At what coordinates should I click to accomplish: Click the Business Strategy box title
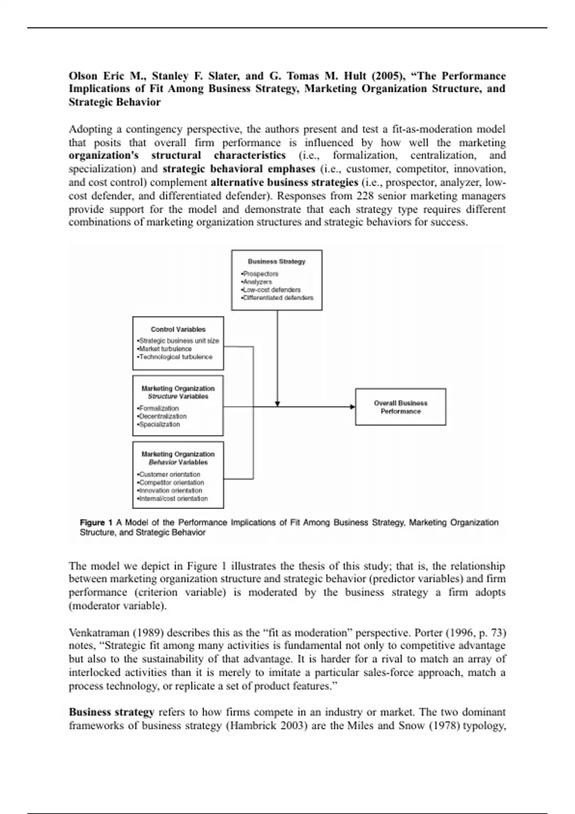click(276, 261)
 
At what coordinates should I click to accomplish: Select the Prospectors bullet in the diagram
click(260, 274)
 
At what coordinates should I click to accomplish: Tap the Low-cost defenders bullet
click(271, 290)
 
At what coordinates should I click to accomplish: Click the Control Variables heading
click(178, 329)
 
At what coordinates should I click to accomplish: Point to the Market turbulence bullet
click(165, 349)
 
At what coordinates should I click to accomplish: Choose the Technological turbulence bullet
click(175, 357)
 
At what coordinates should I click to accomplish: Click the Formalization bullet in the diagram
click(158, 408)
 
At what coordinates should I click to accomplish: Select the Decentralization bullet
click(162, 416)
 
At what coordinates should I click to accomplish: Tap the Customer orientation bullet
click(169, 475)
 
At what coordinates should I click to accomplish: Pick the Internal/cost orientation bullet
click(173, 498)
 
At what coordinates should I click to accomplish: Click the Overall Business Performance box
click(401, 407)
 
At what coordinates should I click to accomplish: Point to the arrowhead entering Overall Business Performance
click(353, 407)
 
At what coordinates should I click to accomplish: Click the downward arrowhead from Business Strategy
click(277, 404)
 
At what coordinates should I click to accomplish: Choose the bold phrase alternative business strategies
click(285, 182)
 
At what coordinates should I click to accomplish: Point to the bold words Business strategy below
click(111, 712)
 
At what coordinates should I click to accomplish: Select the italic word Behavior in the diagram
click(162, 463)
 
